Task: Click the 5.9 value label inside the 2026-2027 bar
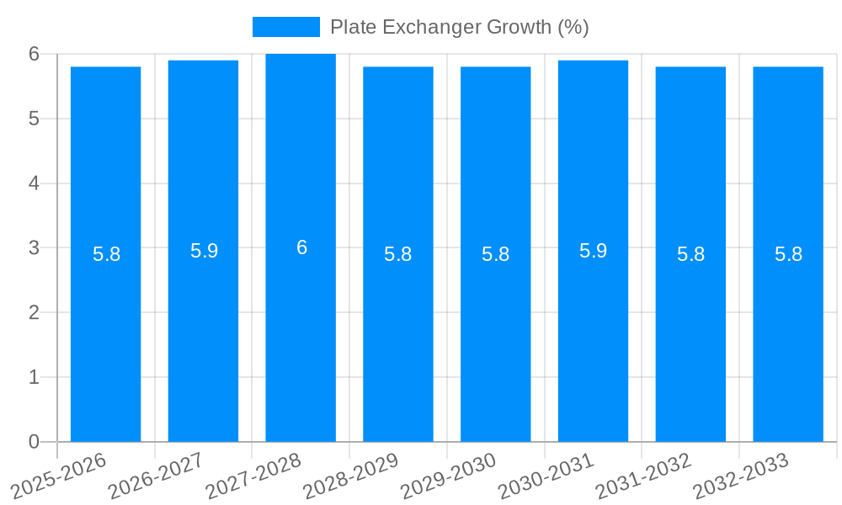[x=204, y=251]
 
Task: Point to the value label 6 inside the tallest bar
[x=301, y=247]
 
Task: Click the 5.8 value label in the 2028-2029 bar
[x=397, y=254]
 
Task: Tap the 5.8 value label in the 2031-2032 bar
[x=690, y=254]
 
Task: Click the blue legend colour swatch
[x=285, y=27]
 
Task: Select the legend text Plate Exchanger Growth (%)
[x=459, y=27]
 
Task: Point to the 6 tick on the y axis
[x=34, y=54]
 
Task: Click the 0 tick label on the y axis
[x=34, y=442]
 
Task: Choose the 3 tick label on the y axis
[x=34, y=248]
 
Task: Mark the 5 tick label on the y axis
[x=34, y=119]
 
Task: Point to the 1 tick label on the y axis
[x=34, y=377]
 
